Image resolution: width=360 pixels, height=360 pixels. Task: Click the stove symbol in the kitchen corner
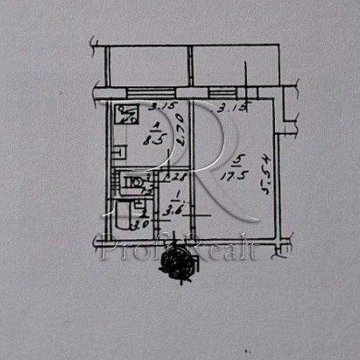click(x=127, y=113)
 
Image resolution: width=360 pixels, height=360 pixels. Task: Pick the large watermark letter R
click(x=204, y=162)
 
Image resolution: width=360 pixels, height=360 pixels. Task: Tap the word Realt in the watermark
click(x=225, y=249)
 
